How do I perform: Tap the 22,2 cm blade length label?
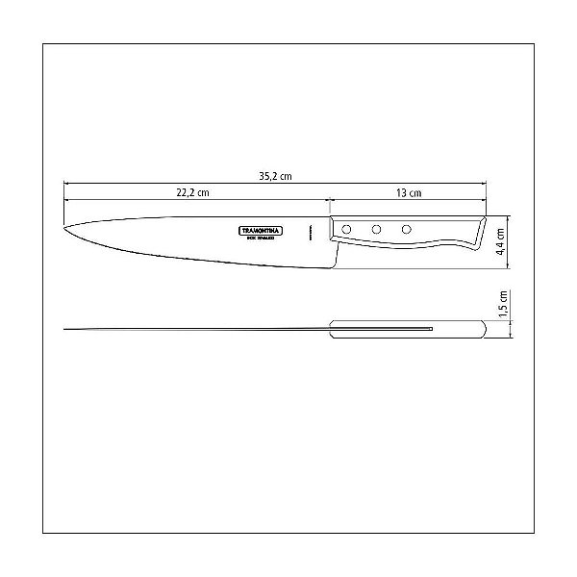click(192, 193)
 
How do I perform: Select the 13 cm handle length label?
click(409, 193)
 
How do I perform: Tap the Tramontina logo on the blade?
click(255, 232)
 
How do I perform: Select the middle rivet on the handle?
click(377, 230)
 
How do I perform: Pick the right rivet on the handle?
click(406, 230)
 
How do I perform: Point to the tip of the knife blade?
click(64, 229)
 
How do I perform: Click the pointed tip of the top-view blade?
click(65, 330)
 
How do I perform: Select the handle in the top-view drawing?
click(409, 330)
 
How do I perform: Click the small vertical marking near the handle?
click(310, 232)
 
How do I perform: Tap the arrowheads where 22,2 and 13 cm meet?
click(330, 200)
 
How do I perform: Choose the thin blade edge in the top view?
click(192, 330)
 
